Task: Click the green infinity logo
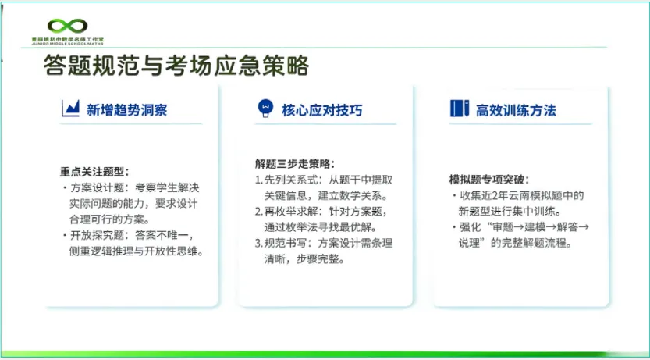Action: pos(69,27)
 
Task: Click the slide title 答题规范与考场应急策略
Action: pos(176,66)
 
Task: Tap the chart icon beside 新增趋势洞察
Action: pos(71,109)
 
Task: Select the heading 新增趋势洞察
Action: pos(126,110)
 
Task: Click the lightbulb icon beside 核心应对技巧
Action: pos(265,109)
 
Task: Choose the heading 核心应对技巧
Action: pos(322,110)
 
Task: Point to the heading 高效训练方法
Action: pos(516,110)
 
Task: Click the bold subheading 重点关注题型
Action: pos(94,171)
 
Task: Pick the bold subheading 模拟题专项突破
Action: pos(488,179)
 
